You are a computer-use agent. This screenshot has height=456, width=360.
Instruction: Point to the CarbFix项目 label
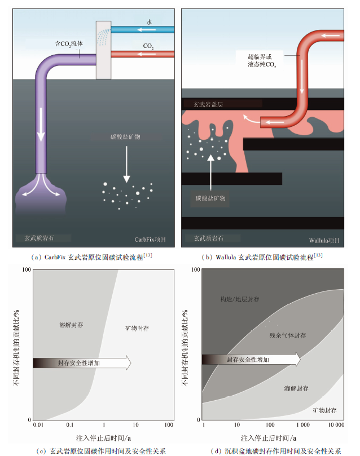pyautogui.click(x=151, y=240)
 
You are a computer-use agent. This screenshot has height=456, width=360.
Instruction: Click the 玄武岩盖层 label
pyautogui.click(x=209, y=104)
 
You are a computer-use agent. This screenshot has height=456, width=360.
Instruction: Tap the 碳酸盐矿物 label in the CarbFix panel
pyautogui.click(x=127, y=137)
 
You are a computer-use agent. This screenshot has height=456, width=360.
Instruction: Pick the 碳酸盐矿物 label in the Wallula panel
pyautogui.click(x=210, y=198)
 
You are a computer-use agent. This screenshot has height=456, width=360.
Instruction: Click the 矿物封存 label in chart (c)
pyautogui.click(x=137, y=328)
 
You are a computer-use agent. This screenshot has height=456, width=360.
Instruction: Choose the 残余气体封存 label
pyautogui.click(x=287, y=335)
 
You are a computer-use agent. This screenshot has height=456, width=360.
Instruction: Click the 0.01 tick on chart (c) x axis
pyautogui.click(x=37, y=424)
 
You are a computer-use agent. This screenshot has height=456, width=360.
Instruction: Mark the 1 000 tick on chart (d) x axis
pyautogui.click(x=302, y=424)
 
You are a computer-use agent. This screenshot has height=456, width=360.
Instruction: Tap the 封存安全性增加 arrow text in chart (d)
pyautogui.click(x=248, y=359)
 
